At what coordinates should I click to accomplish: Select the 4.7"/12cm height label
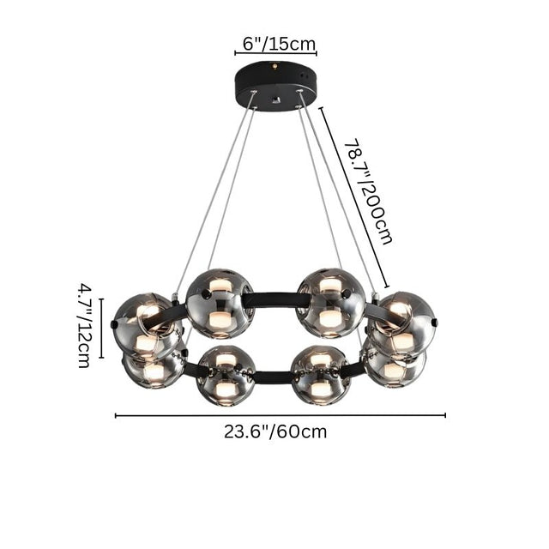click(x=83, y=327)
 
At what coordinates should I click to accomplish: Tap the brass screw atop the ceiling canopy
click(x=275, y=66)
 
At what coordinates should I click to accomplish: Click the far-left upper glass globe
click(x=146, y=324)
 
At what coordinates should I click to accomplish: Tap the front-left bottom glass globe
click(x=225, y=375)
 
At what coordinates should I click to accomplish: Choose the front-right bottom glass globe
click(x=320, y=375)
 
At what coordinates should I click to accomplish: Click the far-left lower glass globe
click(x=154, y=365)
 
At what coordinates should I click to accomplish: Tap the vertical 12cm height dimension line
click(x=101, y=328)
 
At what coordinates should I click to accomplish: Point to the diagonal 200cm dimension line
click(x=354, y=197)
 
